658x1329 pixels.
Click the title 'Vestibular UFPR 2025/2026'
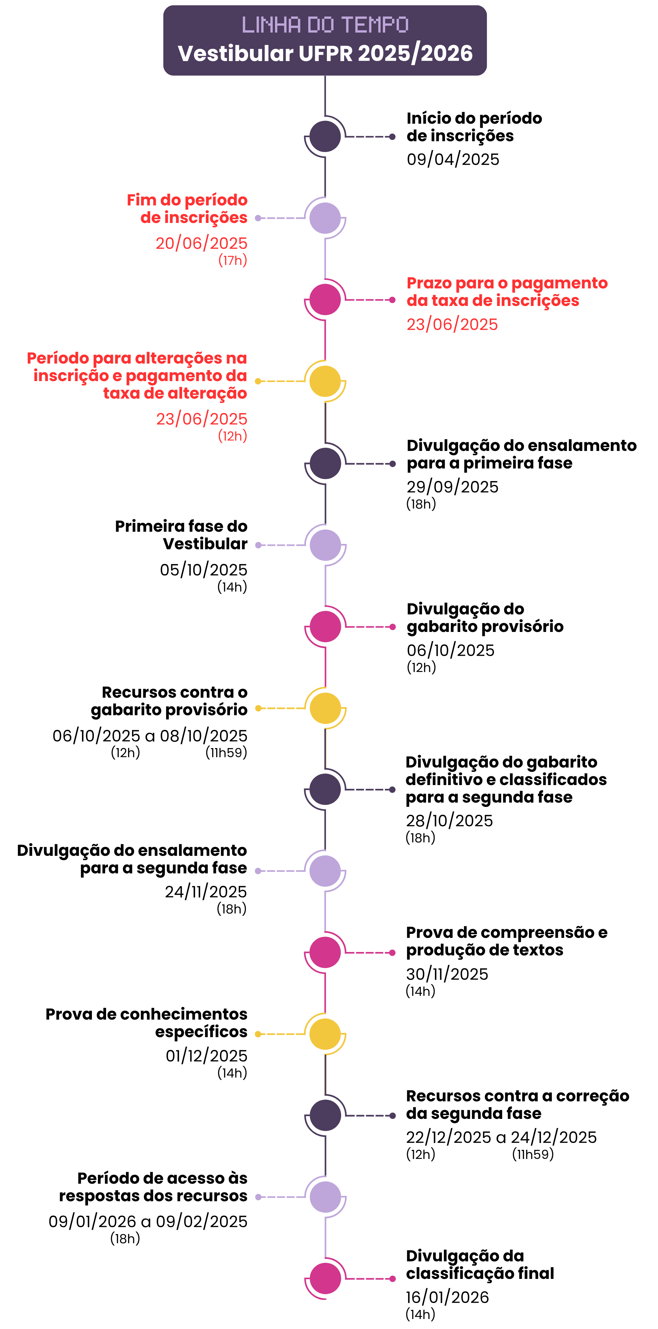click(325, 53)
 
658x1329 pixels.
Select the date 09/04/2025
click(453, 159)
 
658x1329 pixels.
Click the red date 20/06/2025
click(201, 243)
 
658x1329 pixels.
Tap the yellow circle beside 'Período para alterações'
click(325, 381)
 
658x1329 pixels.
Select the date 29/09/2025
click(452, 487)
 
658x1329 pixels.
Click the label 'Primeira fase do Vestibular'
click(181, 535)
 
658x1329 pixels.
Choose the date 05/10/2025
click(204, 570)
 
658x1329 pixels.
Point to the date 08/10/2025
click(204, 736)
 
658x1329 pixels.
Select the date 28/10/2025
click(449, 820)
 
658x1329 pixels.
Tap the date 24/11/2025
click(206, 892)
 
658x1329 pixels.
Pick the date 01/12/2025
click(206, 1056)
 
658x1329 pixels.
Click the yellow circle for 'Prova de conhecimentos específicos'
click(325, 1034)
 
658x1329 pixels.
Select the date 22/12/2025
click(449, 1137)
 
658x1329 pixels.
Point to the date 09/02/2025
click(201, 1221)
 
